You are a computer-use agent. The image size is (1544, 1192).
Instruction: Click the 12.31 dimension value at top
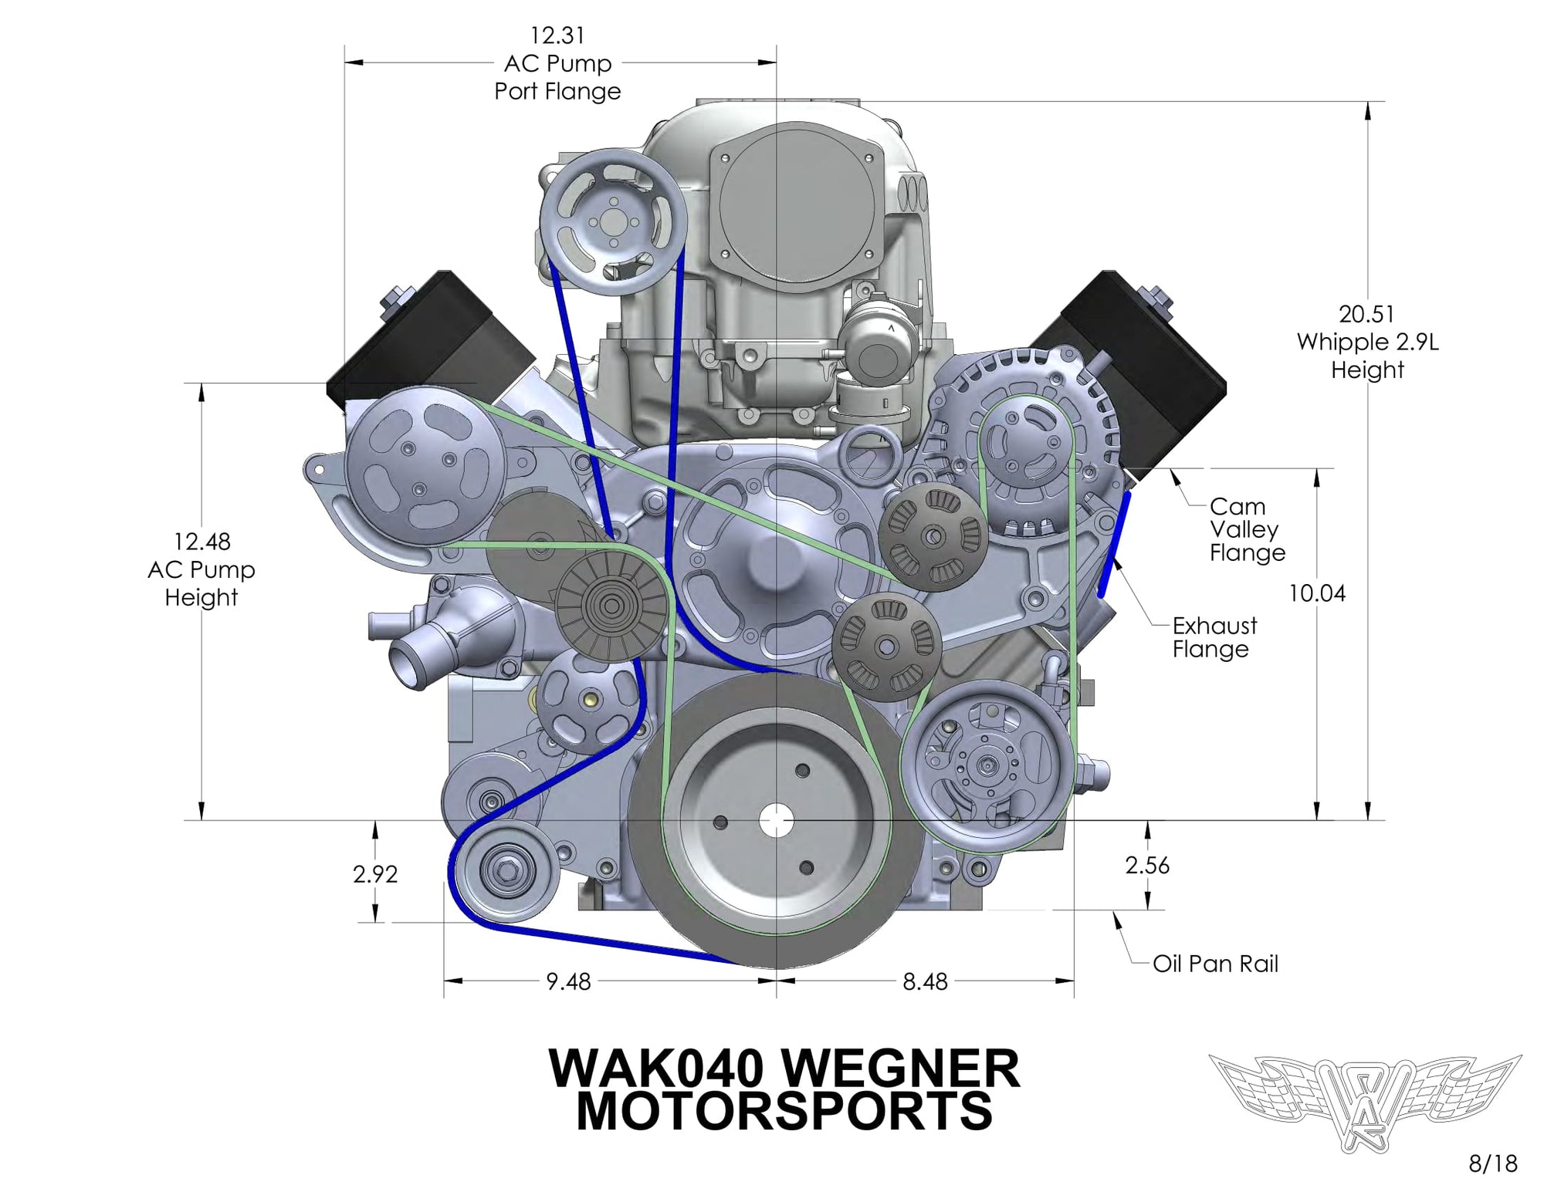(x=557, y=35)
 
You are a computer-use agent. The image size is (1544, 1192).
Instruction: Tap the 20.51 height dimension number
(x=1366, y=314)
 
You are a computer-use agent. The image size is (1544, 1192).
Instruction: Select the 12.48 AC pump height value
(x=201, y=542)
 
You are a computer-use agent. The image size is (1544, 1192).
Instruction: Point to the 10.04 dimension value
(x=1316, y=593)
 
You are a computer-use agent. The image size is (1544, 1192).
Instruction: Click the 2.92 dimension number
(x=375, y=874)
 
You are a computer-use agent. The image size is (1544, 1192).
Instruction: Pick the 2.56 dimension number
(x=1147, y=866)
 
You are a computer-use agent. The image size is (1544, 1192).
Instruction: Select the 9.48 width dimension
(x=568, y=981)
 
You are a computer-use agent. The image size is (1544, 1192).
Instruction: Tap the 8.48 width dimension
(x=925, y=981)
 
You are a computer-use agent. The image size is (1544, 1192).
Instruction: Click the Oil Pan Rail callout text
(x=1215, y=964)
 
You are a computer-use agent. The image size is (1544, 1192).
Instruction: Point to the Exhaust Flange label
(x=1214, y=637)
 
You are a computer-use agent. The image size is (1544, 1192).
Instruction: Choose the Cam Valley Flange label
(x=1246, y=529)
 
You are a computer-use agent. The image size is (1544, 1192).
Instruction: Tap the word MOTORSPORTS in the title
(x=784, y=1112)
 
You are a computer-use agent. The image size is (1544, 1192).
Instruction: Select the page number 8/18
(x=1492, y=1163)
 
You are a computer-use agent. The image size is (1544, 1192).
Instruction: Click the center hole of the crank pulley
(x=776, y=821)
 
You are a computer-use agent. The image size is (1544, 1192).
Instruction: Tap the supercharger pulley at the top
(x=614, y=221)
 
